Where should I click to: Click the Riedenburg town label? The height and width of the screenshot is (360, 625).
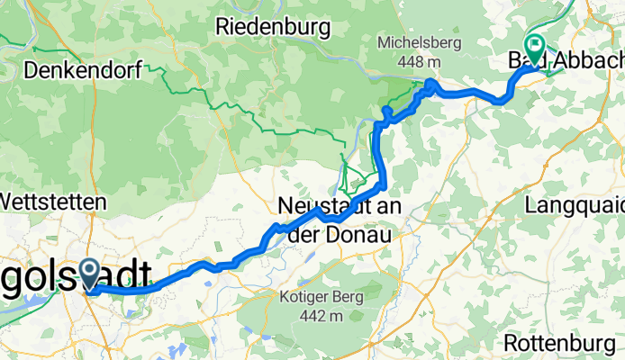tap(273, 27)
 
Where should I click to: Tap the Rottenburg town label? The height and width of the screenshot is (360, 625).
tap(564, 343)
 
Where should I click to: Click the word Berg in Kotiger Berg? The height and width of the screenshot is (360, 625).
tap(346, 297)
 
